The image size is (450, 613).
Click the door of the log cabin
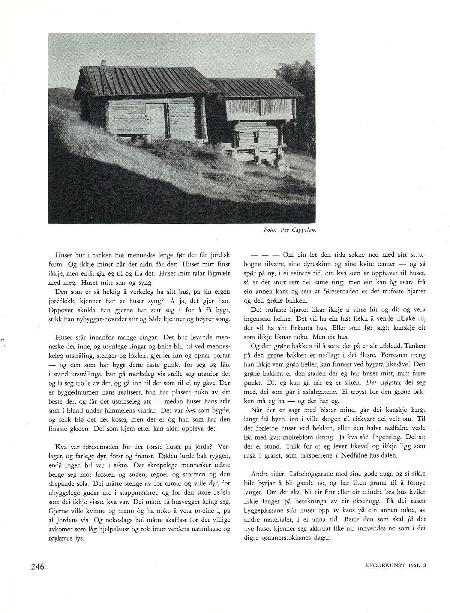(x=155, y=121)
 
